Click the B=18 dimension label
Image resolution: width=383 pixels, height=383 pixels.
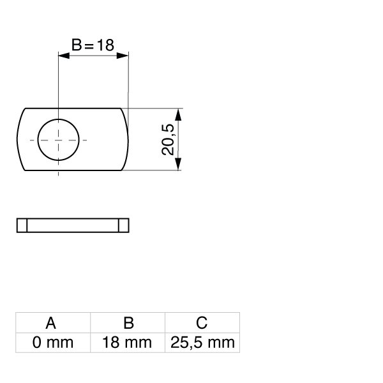pyautogui.click(x=93, y=45)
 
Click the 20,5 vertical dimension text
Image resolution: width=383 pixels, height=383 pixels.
pyautogui.click(x=168, y=139)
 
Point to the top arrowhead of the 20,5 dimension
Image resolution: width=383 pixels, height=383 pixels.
pyautogui.click(x=179, y=113)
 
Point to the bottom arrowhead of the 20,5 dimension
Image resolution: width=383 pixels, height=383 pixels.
pyautogui.click(x=179, y=165)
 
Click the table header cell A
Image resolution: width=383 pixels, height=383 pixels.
pyautogui.click(x=53, y=322)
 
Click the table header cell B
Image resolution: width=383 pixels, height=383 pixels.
pyautogui.click(x=128, y=322)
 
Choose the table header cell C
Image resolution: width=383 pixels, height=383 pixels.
pyautogui.click(x=202, y=322)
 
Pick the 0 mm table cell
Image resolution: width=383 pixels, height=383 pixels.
pyautogui.click(x=53, y=343)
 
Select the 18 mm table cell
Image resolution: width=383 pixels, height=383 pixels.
pyautogui.click(x=128, y=343)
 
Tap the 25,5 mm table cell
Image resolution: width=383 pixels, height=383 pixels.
pyautogui.click(x=202, y=343)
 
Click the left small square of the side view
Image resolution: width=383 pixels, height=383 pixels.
pyautogui.click(x=22, y=225)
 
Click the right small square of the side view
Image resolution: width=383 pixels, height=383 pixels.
pyautogui.click(x=124, y=225)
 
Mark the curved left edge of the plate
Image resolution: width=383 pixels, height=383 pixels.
pyautogui.click(x=19, y=139)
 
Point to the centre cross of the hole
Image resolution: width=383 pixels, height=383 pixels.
pyautogui.click(x=59, y=139)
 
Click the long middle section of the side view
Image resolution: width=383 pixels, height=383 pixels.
pyautogui.click(x=73, y=225)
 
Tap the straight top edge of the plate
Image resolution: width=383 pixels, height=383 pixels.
pyautogui.click(x=73, y=109)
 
